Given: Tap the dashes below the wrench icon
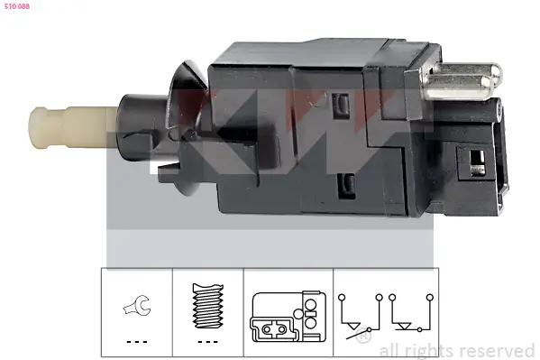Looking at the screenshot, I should coord(134,343).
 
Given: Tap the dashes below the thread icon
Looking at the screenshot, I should coord(208,343).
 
